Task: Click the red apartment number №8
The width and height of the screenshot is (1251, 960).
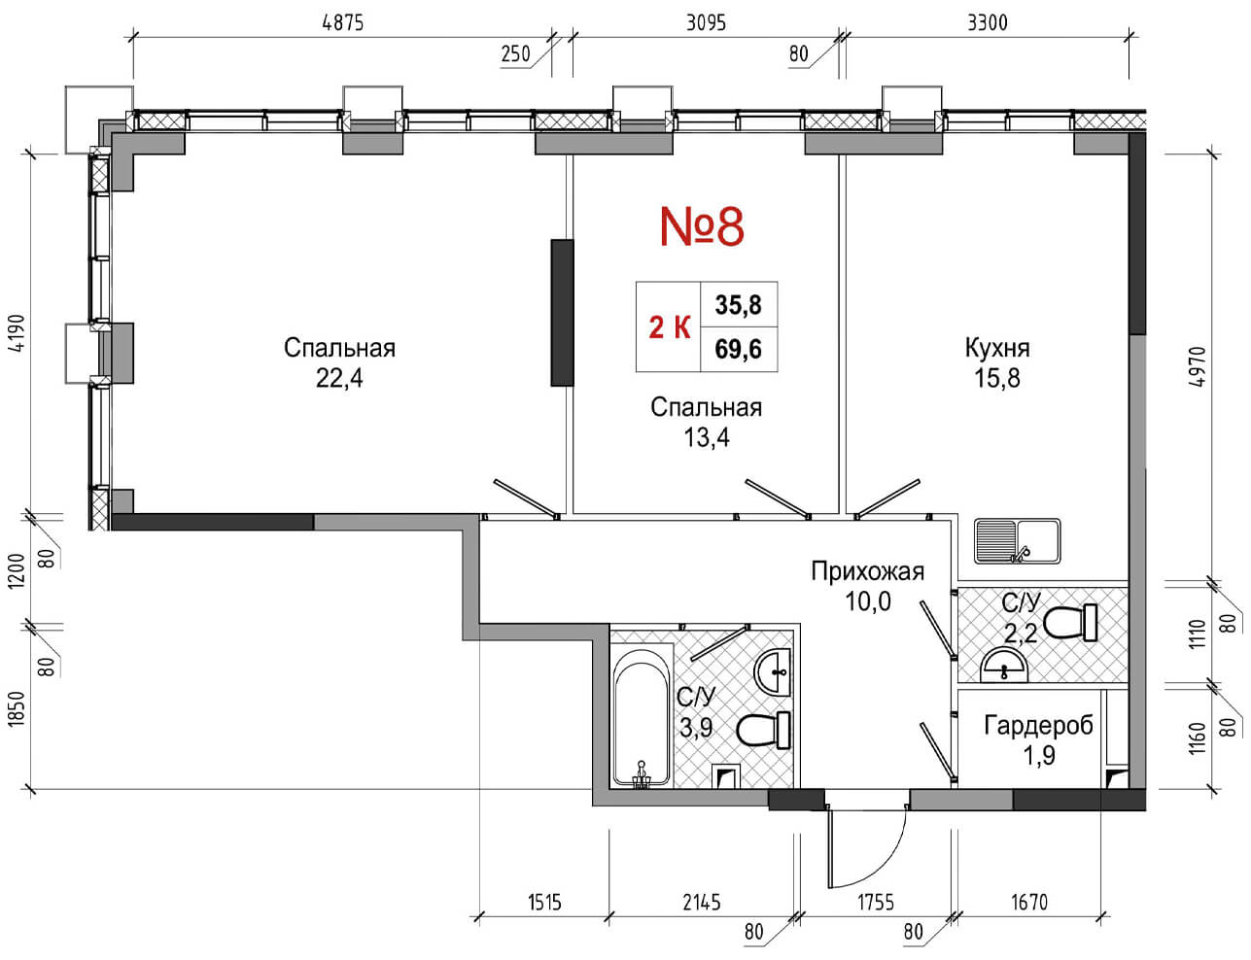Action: pos(702,226)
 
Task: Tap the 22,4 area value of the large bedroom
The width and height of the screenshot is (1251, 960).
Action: pos(339,379)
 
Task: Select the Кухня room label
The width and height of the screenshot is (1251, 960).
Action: pos(997,348)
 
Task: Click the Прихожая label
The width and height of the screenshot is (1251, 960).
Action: pos(868,571)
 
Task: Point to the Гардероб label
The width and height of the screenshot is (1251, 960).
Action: pos(1038,725)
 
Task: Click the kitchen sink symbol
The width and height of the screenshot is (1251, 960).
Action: pos(1018,541)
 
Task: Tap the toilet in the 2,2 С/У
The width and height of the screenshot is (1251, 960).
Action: pos(1069,623)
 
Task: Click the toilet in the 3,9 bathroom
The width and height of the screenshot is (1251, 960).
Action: pos(763,730)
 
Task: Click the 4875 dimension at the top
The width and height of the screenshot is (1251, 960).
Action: pos(343,23)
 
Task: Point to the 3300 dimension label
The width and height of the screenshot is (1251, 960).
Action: pos(988,23)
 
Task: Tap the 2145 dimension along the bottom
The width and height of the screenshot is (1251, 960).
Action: pos(702,903)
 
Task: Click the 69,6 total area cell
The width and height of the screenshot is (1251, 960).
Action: pos(738,349)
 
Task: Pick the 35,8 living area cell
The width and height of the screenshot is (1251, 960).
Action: pos(738,304)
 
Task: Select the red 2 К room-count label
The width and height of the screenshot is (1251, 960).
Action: pos(670,327)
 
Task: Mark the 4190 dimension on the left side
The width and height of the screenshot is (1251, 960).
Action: pos(17,333)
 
